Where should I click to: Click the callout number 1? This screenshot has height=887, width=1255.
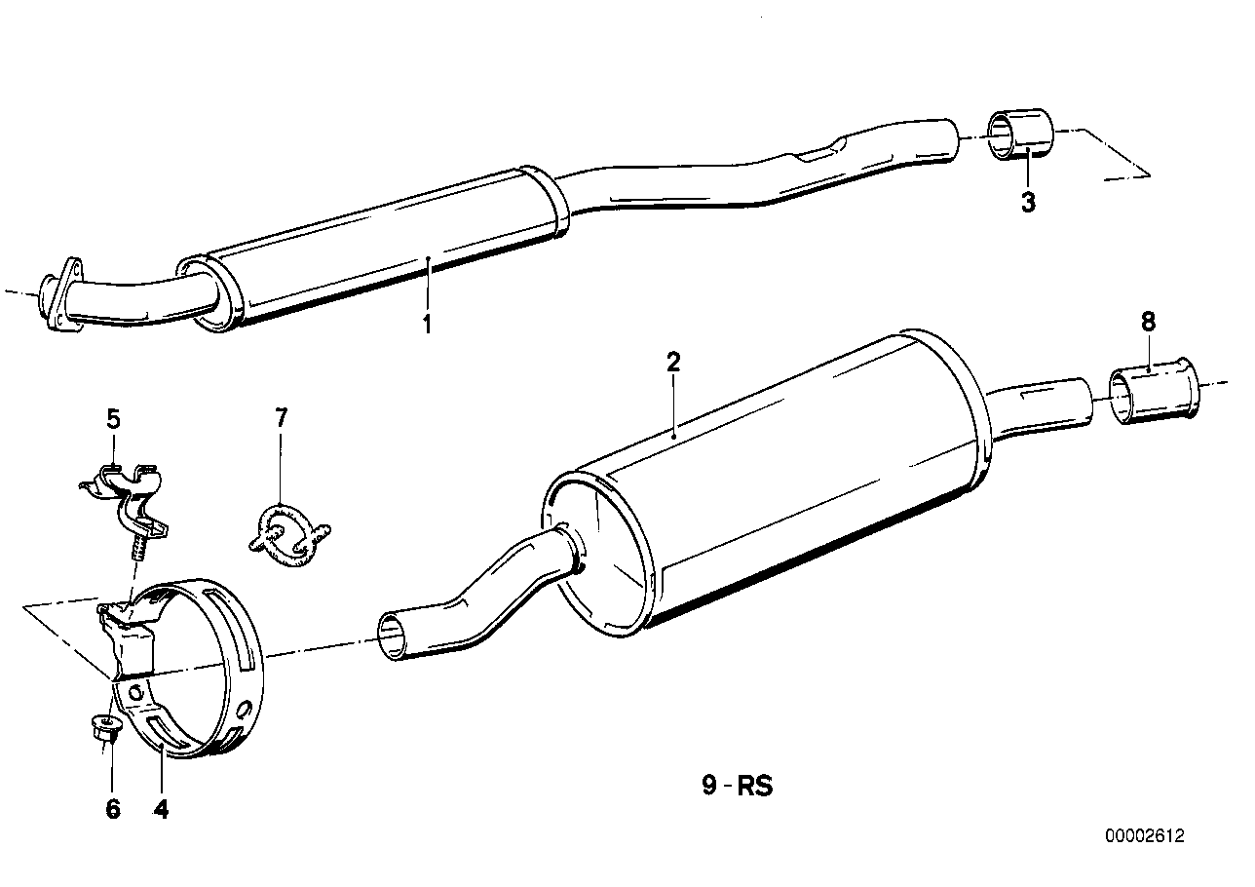426,324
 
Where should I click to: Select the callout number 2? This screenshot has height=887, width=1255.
673,363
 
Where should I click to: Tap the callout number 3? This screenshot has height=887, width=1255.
1028,203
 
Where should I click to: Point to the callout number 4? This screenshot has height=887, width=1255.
161,808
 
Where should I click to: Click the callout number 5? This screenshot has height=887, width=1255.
113,419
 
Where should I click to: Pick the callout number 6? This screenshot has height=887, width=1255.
113,808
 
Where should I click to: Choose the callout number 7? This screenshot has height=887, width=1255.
281,419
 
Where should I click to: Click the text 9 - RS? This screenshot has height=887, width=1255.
737,786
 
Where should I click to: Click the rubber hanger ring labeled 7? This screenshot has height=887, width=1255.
288,534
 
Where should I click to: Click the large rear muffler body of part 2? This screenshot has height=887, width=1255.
770,478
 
